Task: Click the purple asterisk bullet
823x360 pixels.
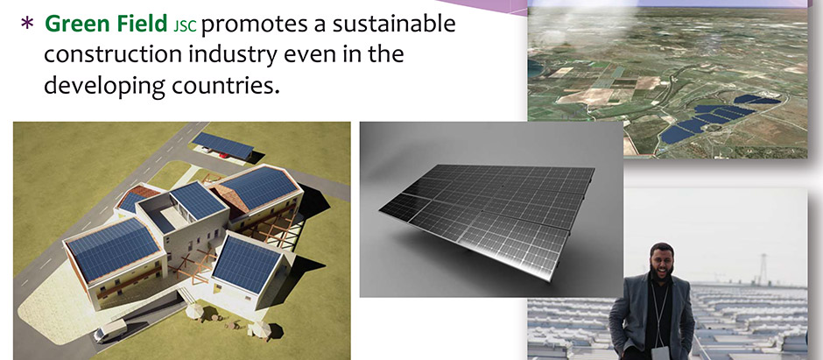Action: (x=27, y=24)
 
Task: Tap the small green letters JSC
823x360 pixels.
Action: (x=184, y=26)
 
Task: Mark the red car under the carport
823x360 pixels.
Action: (x=223, y=154)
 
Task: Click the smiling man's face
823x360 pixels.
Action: (x=663, y=258)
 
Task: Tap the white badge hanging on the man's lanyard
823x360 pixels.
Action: (x=659, y=353)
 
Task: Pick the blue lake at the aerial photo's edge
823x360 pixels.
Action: (x=534, y=68)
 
